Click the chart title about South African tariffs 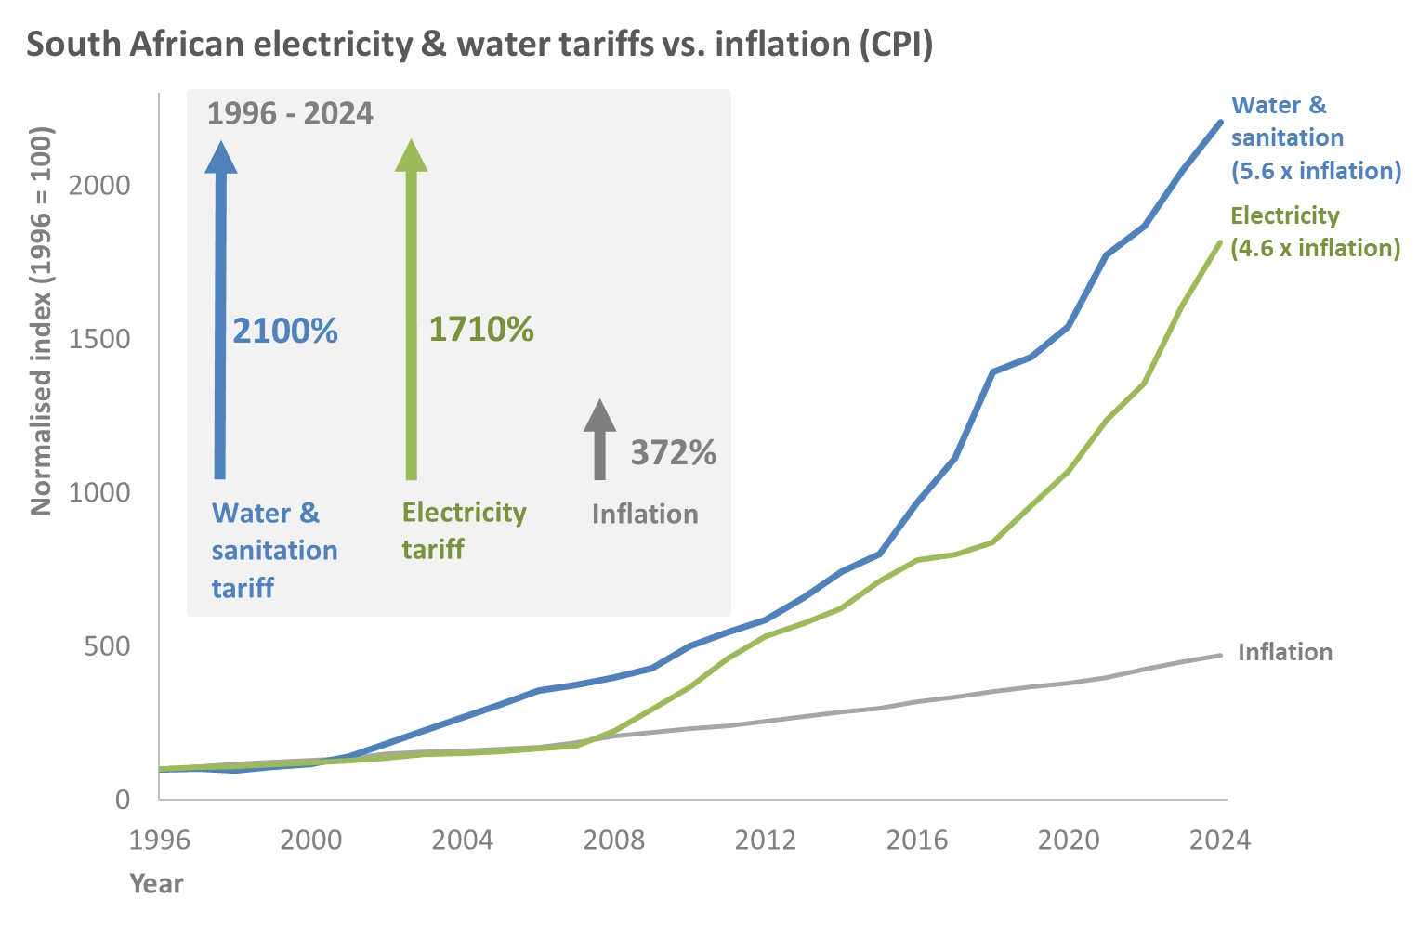pyautogui.click(x=479, y=45)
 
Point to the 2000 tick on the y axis pyautogui.click(x=99, y=185)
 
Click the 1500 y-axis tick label pyautogui.click(x=99, y=339)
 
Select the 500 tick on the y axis pyautogui.click(x=107, y=646)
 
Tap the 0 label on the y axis pyautogui.click(x=123, y=800)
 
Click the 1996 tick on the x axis pyautogui.click(x=160, y=840)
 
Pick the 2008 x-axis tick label pyautogui.click(x=613, y=840)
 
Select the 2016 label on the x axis pyautogui.click(x=916, y=840)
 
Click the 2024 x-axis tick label pyautogui.click(x=1220, y=840)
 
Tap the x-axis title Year pyautogui.click(x=156, y=883)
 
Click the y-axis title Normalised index pyautogui.click(x=41, y=320)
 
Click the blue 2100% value pyautogui.click(x=285, y=332)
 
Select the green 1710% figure pyautogui.click(x=481, y=330)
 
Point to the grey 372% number pyautogui.click(x=674, y=453)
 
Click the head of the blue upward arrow pyautogui.click(x=221, y=157)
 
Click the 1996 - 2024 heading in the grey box pyautogui.click(x=290, y=113)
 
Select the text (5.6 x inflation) pyautogui.click(x=1316, y=171)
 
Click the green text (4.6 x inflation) pyautogui.click(x=1315, y=248)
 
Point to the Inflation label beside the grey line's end pyautogui.click(x=1285, y=652)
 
